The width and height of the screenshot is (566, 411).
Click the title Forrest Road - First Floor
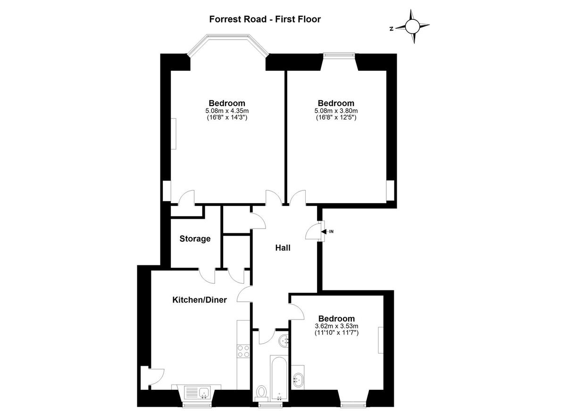[x=265, y=19]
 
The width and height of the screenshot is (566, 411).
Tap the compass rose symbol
[x=412, y=27]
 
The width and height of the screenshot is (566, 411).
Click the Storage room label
[x=195, y=239]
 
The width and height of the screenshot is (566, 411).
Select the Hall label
[x=283, y=248]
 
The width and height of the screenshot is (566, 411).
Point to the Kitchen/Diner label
[x=200, y=300]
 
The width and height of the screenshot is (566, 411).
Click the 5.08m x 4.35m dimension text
[x=227, y=111]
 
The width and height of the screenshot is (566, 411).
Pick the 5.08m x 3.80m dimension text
[x=336, y=111]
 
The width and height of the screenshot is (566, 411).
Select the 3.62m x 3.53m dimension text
[x=336, y=326]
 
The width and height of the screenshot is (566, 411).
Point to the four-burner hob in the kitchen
[x=243, y=351]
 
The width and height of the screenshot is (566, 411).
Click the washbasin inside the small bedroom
[x=298, y=379]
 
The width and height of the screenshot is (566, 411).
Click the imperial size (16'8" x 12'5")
[x=336, y=118]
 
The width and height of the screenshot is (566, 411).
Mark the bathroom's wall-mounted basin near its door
[x=284, y=340]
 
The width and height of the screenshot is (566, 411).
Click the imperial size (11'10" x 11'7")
[x=336, y=333]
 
